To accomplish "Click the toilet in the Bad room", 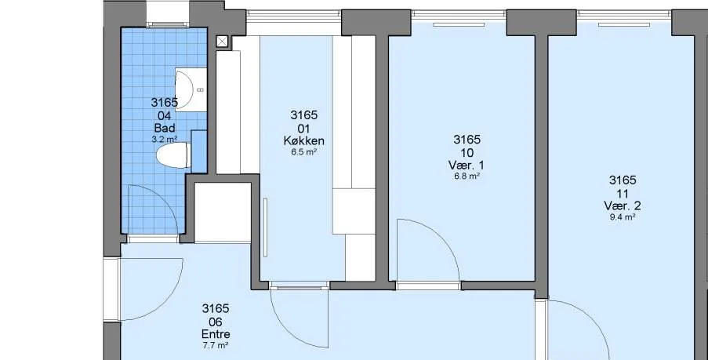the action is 173,155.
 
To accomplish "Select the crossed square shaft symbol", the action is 222,42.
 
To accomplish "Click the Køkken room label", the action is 304,140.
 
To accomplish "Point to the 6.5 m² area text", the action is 304,152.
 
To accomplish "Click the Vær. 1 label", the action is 467,165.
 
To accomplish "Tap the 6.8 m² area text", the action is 467,176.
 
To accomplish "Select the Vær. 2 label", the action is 623,205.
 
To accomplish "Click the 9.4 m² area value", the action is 623,216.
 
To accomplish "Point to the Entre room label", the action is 216,334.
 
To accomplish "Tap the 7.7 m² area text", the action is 216,346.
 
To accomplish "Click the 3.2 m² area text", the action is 165,139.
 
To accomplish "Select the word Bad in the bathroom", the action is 165,128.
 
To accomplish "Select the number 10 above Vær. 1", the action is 467,152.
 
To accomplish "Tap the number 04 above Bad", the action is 165,115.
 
